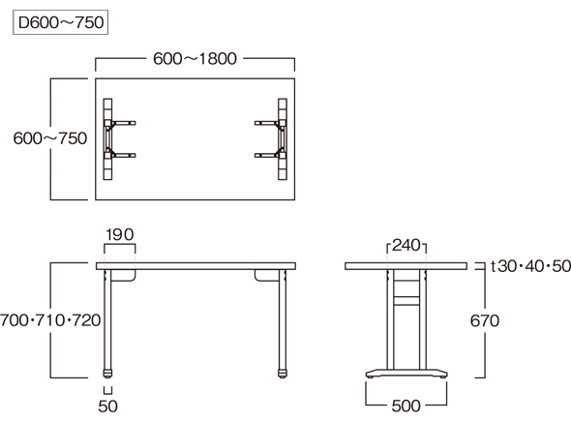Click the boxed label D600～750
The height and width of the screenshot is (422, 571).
pyautogui.click(x=60, y=22)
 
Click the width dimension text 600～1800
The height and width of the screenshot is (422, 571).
pyautogui.click(x=195, y=59)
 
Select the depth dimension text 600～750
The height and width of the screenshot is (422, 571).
pyautogui.click(x=50, y=138)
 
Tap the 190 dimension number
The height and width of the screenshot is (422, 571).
pyautogui.click(x=120, y=235)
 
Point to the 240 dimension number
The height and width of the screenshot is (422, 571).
pyautogui.click(x=406, y=246)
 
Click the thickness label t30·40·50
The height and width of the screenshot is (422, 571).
pyautogui.click(x=530, y=266)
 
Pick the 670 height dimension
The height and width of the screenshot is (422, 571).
pyautogui.click(x=485, y=320)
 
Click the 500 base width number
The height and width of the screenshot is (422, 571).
pyautogui.click(x=406, y=406)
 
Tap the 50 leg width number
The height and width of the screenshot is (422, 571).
pyautogui.click(x=107, y=407)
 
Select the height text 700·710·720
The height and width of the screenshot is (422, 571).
pyautogui.click(x=50, y=320)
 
